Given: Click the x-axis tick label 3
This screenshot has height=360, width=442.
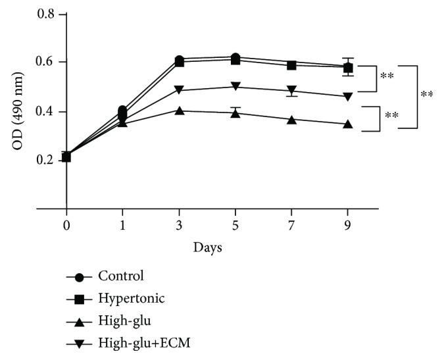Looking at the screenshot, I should pos(160,225).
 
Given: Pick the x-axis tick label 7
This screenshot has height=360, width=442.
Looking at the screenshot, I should pos(291,225).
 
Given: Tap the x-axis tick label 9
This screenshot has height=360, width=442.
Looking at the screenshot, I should pos(347,225).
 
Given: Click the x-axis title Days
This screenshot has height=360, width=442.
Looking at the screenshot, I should pos(207,248).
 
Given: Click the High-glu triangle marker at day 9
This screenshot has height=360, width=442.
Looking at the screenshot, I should pos(347,124).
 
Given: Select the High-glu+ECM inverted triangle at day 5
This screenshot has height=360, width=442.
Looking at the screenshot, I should pos(235,87).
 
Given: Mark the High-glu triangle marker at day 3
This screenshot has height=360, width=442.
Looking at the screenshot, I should pos(160,110).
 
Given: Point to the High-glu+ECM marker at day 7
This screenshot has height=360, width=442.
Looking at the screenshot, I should pos(291,90).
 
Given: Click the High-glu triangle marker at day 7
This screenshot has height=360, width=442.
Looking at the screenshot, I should pos(291,120).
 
